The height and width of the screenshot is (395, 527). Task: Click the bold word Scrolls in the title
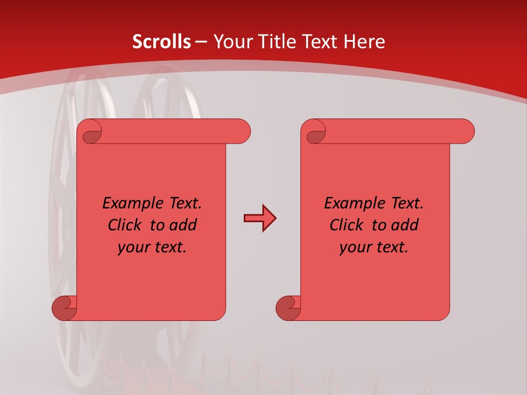pos(162,42)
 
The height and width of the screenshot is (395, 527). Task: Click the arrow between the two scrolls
pos(260,218)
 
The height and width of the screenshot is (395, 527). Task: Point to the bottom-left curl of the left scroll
pos(64,308)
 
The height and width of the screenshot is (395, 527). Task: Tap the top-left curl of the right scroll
pos(316,132)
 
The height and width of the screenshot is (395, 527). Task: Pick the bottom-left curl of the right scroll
pos(288,308)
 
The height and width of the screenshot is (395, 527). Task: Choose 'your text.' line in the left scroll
pos(152,247)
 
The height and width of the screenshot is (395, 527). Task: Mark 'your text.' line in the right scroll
pos(374,247)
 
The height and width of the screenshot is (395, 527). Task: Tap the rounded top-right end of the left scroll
pos(242,131)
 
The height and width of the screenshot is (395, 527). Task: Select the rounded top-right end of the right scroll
pos(466,131)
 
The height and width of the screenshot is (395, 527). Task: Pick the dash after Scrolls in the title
pos(201,42)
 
